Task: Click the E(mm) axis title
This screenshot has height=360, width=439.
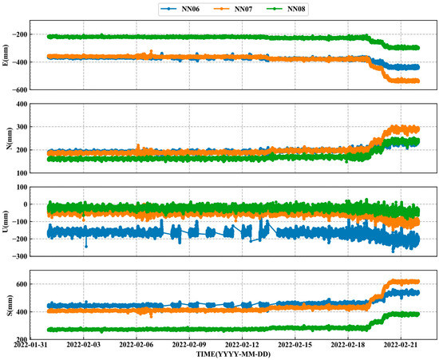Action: coord(7,57)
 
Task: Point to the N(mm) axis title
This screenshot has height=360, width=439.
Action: coord(7,138)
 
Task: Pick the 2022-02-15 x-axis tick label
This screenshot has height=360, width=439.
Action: coord(296,345)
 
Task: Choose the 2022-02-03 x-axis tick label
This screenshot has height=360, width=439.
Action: coord(84,345)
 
